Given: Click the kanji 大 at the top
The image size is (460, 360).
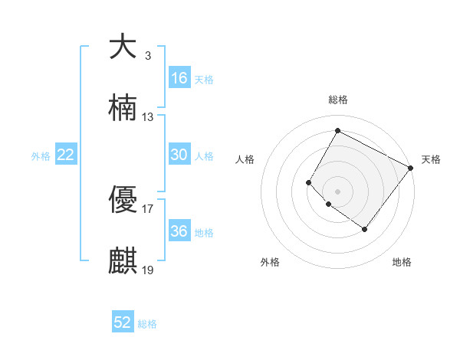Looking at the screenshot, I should click(123, 47).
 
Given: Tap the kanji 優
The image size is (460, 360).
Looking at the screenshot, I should click(123, 201).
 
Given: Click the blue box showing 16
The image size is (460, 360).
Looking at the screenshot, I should click(179, 78).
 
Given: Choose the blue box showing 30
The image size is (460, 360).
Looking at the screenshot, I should click(179, 155).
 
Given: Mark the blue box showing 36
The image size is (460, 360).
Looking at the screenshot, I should click(179, 231).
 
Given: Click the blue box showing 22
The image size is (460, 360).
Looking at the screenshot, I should click(66, 155).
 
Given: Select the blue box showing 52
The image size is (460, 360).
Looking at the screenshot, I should click(123, 322).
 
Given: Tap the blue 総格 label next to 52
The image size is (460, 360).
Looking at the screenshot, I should click(147, 324).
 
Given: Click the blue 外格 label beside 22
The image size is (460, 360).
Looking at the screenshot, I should click(41, 156).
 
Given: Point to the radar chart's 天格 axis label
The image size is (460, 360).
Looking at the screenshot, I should click(431, 159).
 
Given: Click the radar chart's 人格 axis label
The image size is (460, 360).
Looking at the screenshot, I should click(245, 159).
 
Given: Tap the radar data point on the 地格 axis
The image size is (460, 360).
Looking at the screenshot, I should click(364, 229).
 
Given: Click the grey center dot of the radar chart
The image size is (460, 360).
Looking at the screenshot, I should click(337, 191).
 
